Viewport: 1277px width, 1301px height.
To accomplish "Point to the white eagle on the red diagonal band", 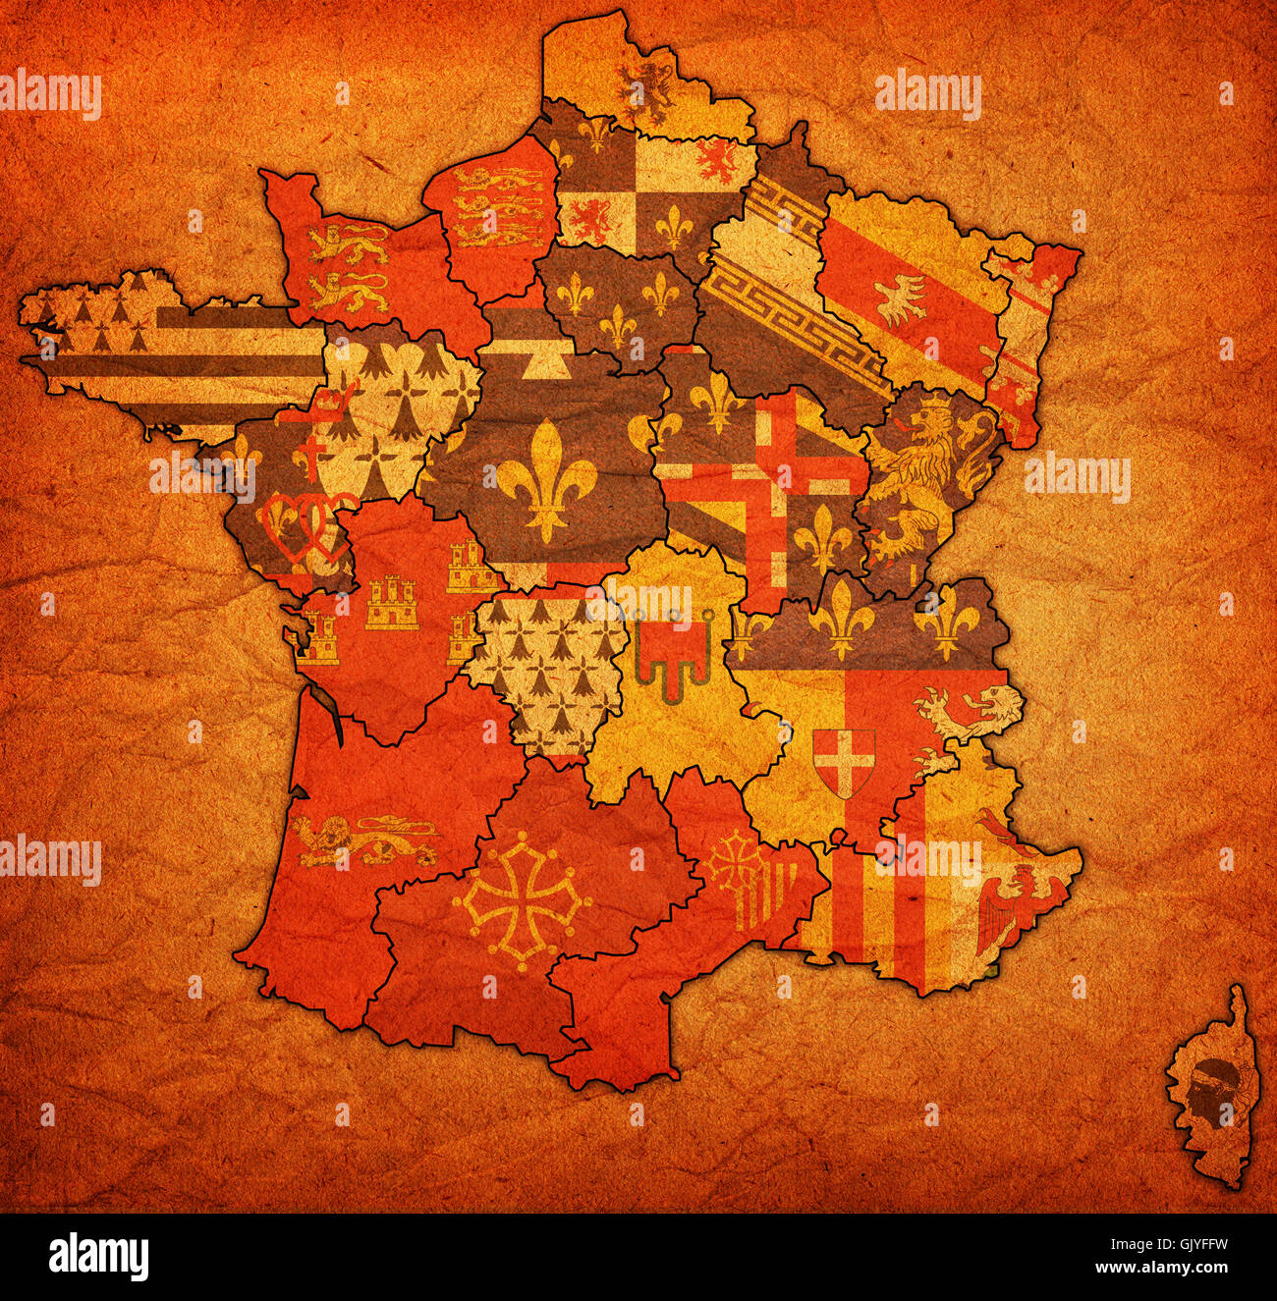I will (x=901, y=298).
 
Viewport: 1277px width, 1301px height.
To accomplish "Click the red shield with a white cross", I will (x=843, y=762).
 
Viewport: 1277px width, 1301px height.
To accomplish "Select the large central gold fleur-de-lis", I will (x=546, y=479).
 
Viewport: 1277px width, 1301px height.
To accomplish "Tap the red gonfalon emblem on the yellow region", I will (x=673, y=653).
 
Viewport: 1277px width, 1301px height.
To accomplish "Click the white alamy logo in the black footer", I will (x=98, y=1257).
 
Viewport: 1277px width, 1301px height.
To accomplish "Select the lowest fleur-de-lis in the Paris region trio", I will (x=617, y=325).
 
